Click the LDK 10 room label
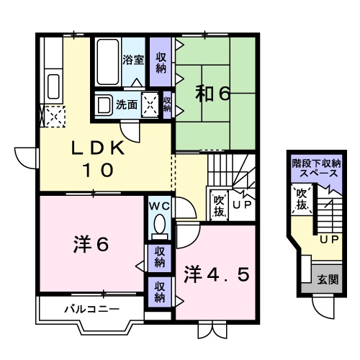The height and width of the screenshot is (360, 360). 98,160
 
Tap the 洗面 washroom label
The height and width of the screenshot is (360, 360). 128,104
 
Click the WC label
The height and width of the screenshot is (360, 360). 158,206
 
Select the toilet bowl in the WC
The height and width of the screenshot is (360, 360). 159,226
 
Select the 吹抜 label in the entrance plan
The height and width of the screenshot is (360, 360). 302,199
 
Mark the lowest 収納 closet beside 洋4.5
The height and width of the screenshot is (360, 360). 160,292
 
